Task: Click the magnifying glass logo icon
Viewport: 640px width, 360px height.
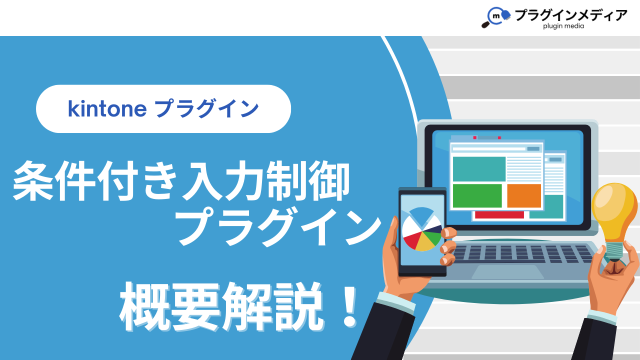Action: [495, 17]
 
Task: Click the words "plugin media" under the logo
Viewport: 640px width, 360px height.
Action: [563, 26]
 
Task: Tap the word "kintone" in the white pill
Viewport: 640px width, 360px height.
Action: [107, 109]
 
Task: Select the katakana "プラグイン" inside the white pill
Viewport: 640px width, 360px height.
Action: [207, 108]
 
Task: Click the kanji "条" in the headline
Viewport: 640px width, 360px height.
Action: [33, 180]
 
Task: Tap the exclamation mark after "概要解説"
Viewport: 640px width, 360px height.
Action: [349, 307]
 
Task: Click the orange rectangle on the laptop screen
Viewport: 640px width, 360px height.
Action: [524, 195]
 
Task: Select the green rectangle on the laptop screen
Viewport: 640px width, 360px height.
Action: [477, 195]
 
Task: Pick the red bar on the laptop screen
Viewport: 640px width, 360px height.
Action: [499, 215]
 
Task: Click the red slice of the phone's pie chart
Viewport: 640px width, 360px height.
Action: [412, 239]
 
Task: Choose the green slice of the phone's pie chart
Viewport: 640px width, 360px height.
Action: [432, 238]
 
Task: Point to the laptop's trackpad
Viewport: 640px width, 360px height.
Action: [507, 271]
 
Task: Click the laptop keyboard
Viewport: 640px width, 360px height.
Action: [522, 253]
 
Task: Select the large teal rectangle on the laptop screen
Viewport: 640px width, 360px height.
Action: [479, 168]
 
